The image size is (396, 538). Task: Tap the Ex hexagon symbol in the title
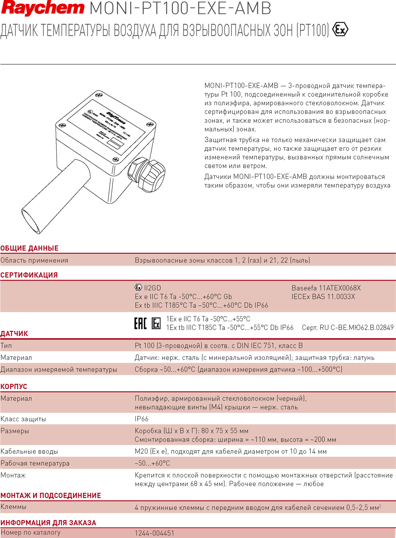[340, 29]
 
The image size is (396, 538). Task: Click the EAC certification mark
[140, 323]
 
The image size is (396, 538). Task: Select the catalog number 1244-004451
[155, 533]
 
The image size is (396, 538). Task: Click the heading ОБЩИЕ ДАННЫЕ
[29, 248]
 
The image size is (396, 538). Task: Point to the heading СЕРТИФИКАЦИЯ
[29, 275]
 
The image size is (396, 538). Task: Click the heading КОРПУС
[14, 386]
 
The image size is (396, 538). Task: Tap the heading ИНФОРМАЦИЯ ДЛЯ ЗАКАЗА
[48, 523]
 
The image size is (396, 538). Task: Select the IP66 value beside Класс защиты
[142, 419]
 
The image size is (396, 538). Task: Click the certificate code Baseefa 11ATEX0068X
[326, 288]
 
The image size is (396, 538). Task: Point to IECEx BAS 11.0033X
[323, 297]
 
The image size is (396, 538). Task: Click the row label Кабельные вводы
[29, 451]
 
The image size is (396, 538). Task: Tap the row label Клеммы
[13, 507]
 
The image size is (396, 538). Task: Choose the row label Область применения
[34, 260]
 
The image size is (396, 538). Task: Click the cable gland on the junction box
[147, 174]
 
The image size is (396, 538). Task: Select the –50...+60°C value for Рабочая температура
[152, 463]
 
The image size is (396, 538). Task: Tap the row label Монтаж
[13, 475]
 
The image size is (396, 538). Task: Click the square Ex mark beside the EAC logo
[156, 324]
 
